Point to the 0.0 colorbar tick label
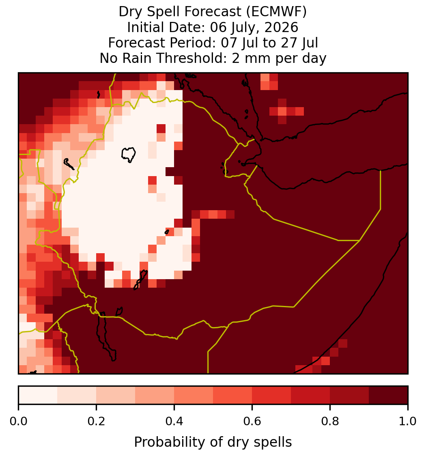point(18,421)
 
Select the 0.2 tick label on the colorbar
point(96,421)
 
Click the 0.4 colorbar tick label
point(174,421)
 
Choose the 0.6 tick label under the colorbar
point(252,421)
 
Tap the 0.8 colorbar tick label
point(330,421)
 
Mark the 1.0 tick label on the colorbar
point(408,421)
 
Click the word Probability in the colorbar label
point(170,442)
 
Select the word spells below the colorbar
point(272,442)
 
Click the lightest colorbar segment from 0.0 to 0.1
point(38,395)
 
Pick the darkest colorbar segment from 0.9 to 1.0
point(389,395)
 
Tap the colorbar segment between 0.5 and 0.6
point(233,395)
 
